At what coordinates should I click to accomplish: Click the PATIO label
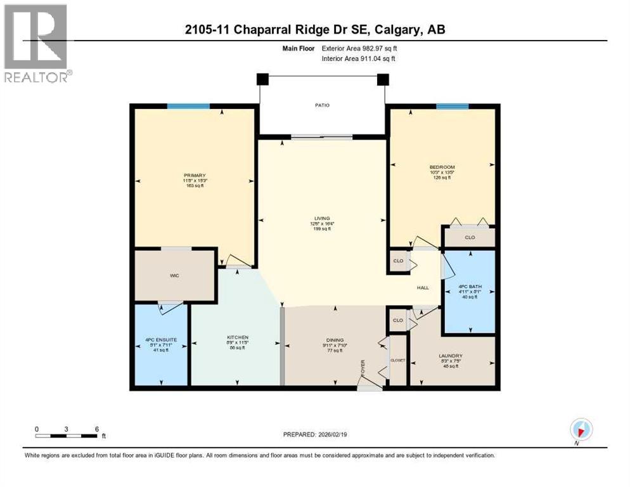323,105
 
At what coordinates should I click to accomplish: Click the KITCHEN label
238,337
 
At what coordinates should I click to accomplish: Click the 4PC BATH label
470,287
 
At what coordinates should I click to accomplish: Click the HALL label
423,287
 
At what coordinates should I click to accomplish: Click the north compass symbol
581,429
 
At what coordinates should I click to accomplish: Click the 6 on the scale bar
96,429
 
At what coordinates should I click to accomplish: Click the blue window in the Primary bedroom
188,107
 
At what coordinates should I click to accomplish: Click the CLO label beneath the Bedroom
470,238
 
